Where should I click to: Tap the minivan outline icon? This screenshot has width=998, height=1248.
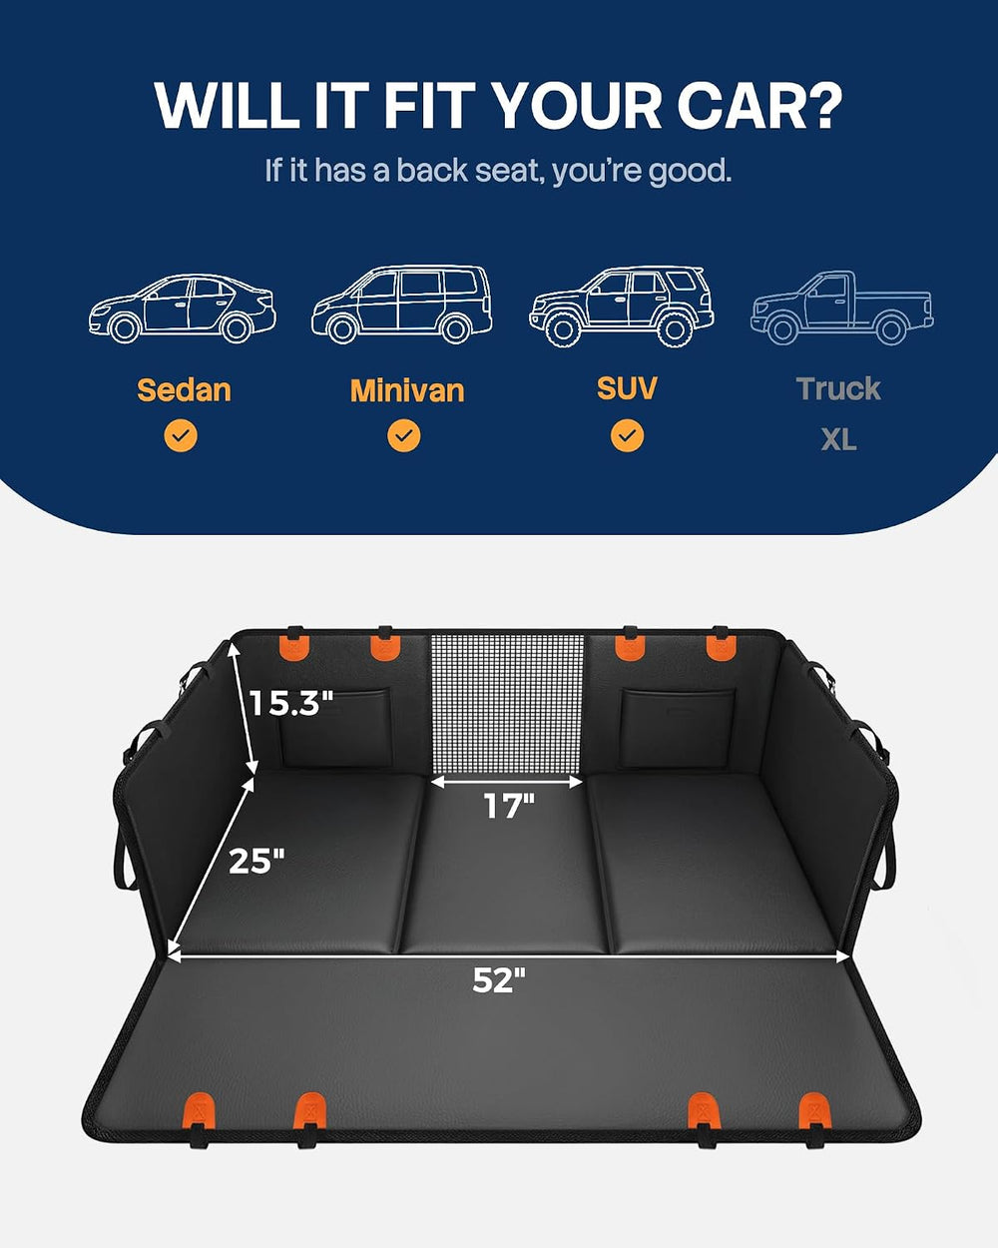pyautogui.click(x=402, y=305)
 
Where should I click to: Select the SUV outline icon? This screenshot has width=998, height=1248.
pyautogui.click(x=621, y=307)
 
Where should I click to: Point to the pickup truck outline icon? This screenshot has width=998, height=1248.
pyautogui.click(x=842, y=308)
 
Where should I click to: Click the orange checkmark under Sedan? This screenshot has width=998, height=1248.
pyautogui.click(x=181, y=435)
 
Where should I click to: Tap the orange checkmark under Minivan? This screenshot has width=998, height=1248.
pyautogui.click(x=404, y=435)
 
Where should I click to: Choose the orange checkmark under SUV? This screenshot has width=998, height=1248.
pyautogui.click(x=627, y=435)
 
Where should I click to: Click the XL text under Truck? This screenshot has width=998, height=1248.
pyautogui.click(x=838, y=440)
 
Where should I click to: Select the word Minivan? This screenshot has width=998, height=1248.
pyautogui.click(x=407, y=390)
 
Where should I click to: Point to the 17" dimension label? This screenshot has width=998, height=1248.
pyautogui.click(x=509, y=806)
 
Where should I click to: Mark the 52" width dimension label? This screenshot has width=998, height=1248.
pyautogui.click(x=499, y=979)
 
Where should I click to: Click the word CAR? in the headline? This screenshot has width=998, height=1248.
pyautogui.click(x=759, y=106)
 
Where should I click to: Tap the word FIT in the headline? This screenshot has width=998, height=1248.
pyautogui.click(x=430, y=105)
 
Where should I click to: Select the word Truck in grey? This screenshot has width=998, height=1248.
pyautogui.click(x=838, y=388)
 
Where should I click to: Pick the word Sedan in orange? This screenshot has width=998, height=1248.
pyautogui.click(x=184, y=389)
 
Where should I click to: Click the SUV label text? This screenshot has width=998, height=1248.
pyautogui.click(x=627, y=388)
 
